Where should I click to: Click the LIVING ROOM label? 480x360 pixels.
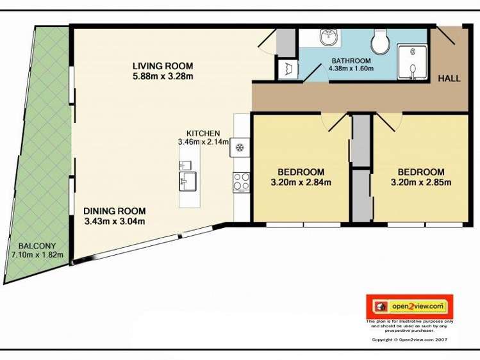pyautogui.click(x=163, y=65)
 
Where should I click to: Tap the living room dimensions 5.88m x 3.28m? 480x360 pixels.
pyautogui.click(x=163, y=76)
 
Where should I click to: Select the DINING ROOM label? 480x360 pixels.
pyautogui.click(x=114, y=211)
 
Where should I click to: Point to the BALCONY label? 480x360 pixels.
pyautogui.click(x=37, y=246)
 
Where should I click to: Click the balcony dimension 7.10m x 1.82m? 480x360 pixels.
pyautogui.click(x=38, y=255)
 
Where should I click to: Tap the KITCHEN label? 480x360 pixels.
pyautogui.click(x=203, y=133)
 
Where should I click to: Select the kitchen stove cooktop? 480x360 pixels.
pyautogui.click(x=241, y=181)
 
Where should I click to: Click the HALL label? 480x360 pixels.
pyautogui.click(x=449, y=79)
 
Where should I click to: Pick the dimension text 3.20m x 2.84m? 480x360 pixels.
pyautogui.click(x=301, y=183)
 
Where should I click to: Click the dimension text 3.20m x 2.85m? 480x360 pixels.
pyautogui.click(x=421, y=183)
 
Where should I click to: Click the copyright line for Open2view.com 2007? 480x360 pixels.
pyautogui.click(x=410, y=340)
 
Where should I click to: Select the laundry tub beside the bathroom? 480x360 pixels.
pyautogui.click(x=286, y=68)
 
